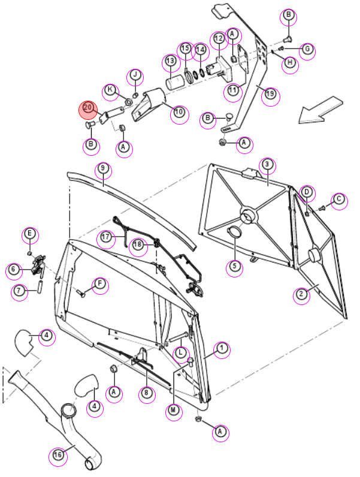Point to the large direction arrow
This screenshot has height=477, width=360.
click(320, 110)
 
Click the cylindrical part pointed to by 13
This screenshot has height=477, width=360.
click(176, 83)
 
